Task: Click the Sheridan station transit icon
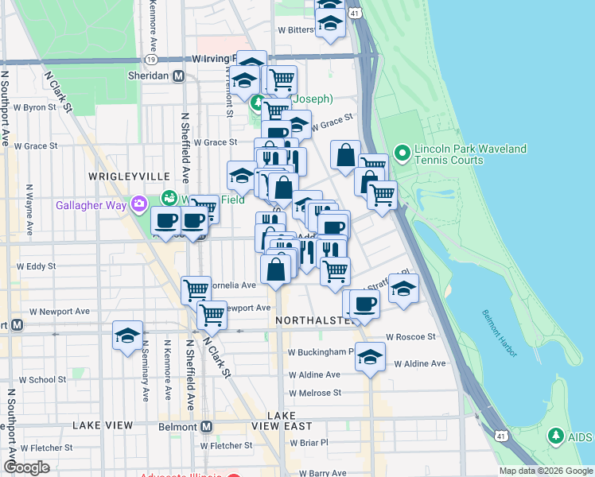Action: tap(179, 76)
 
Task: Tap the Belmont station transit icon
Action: tap(206, 427)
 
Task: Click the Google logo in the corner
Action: tap(26, 467)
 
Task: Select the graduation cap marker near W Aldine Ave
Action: tap(370, 356)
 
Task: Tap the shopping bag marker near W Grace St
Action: tap(346, 154)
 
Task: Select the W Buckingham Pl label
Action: tap(321, 351)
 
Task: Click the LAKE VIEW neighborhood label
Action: tap(103, 425)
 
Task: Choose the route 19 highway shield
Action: tap(151, 60)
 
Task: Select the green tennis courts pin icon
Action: tap(402, 151)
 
